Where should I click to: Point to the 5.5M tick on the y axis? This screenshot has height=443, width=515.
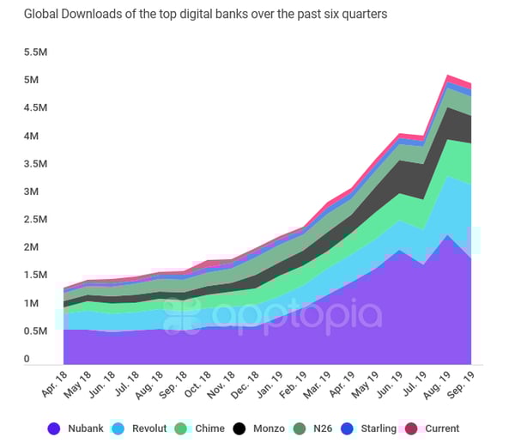[37, 52]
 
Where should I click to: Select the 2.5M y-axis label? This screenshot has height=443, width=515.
[37, 220]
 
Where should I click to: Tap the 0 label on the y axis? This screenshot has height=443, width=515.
[27, 359]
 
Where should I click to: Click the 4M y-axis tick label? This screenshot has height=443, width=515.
[33, 137]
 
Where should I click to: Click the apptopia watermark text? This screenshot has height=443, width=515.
[296, 316]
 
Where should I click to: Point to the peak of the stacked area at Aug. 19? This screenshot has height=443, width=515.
[448, 76]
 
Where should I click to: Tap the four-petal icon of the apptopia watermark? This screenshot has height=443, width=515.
[182, 316]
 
